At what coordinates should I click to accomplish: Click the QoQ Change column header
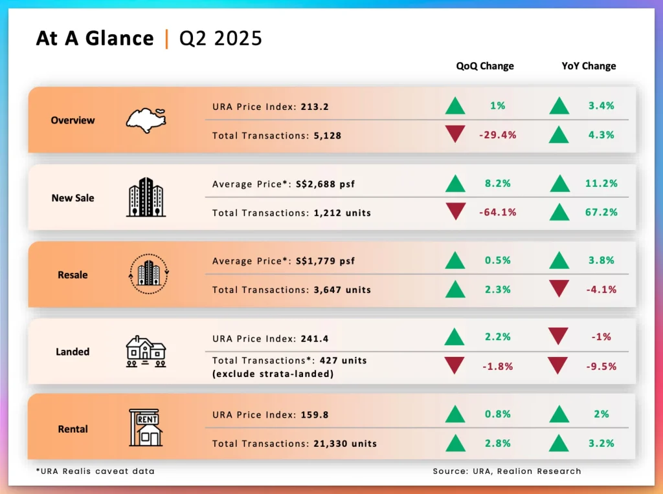coord(484,66)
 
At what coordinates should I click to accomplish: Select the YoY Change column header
coord(589,66)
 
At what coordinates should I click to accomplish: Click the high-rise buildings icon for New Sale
coord(146,197)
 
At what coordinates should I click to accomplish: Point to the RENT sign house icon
coord(146,427)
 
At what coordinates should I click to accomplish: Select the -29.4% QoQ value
coord(497,135)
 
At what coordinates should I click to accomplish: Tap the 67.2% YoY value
coord(601,212)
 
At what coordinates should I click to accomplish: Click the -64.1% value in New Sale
coord(497,212)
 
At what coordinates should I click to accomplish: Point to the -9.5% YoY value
coord(601,366)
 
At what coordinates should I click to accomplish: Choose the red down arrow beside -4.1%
coord(559,288)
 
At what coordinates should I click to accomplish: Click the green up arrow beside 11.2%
coord(559,184)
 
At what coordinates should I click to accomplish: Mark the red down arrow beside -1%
coord(559,336)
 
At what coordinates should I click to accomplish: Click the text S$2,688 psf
coord(326,184)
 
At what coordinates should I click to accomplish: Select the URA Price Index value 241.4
coord(315,338)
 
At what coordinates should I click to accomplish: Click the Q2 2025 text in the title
coord(221,38)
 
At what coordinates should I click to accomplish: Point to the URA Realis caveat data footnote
coord(95,471)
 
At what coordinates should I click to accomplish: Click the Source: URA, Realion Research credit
coord(507,471)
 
